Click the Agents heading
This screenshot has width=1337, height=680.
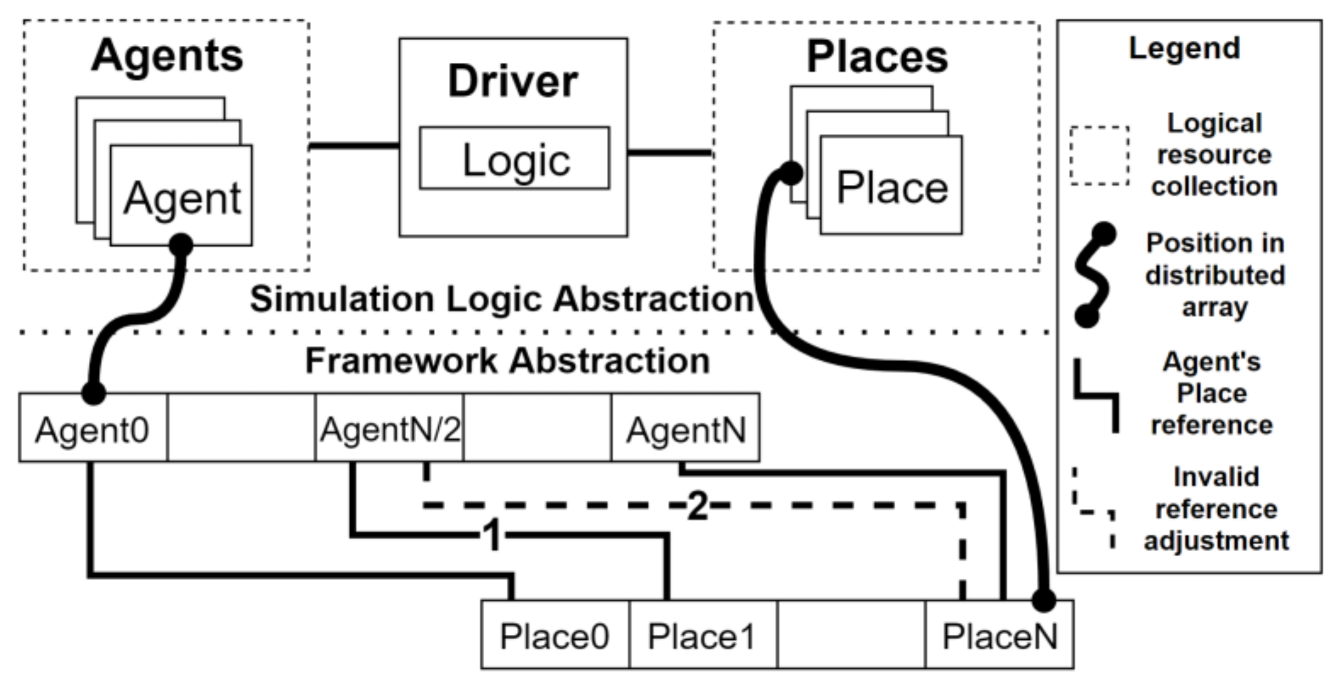[167, 57]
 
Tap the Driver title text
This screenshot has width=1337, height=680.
[512, 81]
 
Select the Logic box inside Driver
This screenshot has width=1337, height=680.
[515, 159]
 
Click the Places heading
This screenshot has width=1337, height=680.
[877, 57]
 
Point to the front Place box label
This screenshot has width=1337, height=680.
[892, 188]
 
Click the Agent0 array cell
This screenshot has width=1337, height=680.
[93, 429]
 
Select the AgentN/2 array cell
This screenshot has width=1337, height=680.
[389, 429]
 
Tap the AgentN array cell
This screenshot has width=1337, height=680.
[685, 429]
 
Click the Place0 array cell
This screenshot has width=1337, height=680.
[554, 636]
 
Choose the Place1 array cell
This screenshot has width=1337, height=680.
[702, 636]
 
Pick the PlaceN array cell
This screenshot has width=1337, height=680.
[999, 636]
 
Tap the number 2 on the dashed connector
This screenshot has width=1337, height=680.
[697, 505]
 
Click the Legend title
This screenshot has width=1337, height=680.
[1184, 48]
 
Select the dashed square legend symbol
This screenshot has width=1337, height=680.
[1099, 155]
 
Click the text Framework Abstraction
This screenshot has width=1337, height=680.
[507, 361]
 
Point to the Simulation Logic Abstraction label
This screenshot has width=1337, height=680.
[502, 298]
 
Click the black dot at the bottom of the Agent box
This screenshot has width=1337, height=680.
[181, 245]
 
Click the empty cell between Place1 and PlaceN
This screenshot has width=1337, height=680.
[851, 636]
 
